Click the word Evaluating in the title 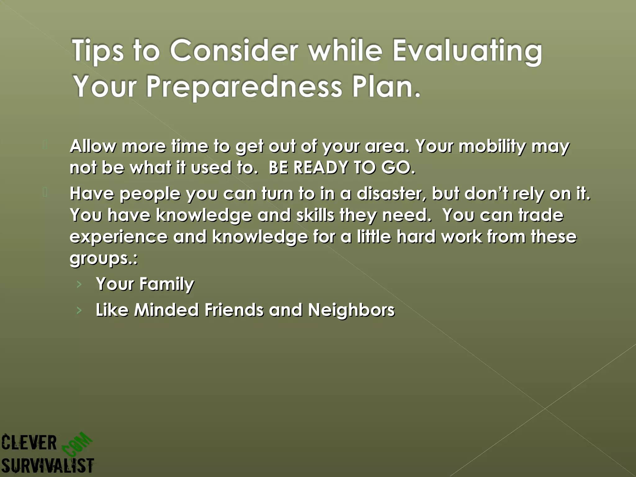click(x=467, y=51)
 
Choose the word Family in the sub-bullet click(x=166, y=284)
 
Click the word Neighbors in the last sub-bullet click(x=351, y=310)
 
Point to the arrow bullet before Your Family click(x=79, y=284)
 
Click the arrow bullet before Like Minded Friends click(x=79, y=310)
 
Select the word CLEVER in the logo click(x=29, y=443)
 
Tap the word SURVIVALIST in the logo click(x=47, y=466)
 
